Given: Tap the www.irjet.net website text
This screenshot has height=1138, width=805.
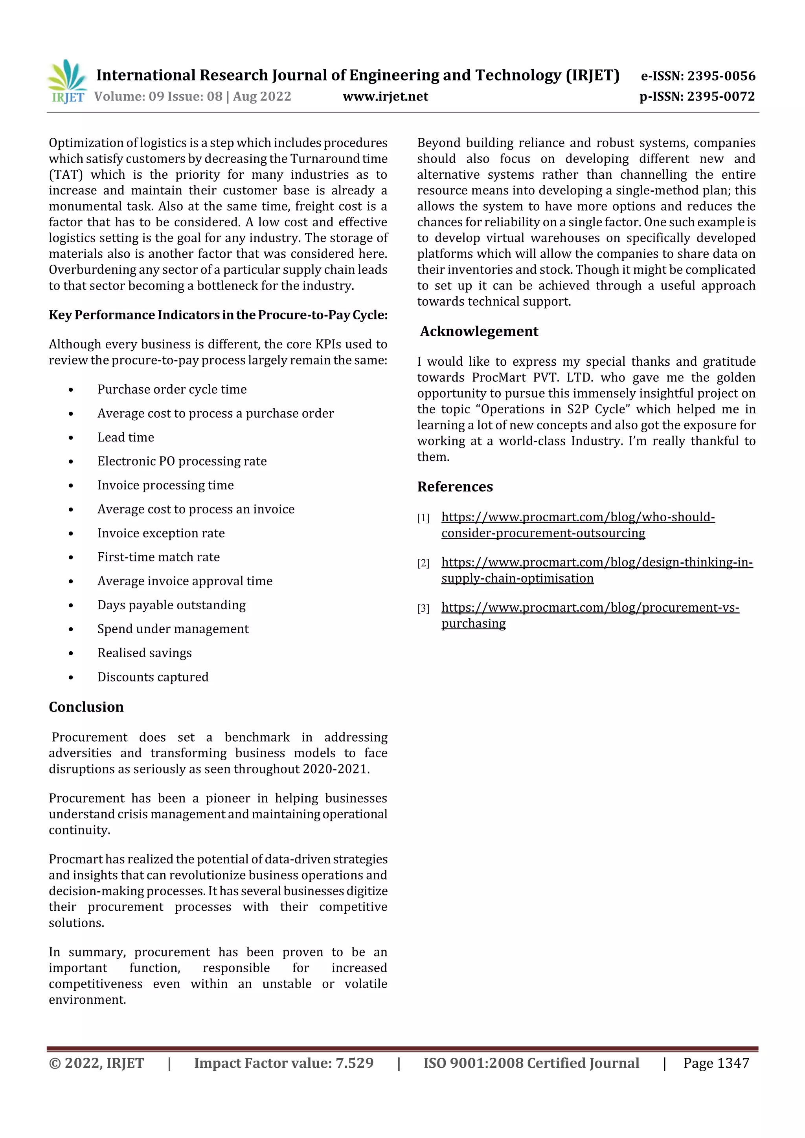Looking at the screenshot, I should coord(385,96).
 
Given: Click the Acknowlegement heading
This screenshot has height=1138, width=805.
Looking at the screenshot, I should coord(479,331).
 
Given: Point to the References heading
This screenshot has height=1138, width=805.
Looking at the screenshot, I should coord(455,487).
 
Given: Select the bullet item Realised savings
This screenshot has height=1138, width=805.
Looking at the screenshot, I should coord(144,653).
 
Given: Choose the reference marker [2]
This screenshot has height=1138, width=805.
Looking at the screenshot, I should coord(423,563).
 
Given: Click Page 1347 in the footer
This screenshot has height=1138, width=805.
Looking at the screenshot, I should coord(716,1063).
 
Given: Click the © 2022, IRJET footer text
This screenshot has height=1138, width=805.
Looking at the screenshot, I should coord(96,1063).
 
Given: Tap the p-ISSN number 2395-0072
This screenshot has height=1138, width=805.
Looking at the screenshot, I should coord(720,96).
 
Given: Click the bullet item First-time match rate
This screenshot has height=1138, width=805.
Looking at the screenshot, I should coord(158,557).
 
